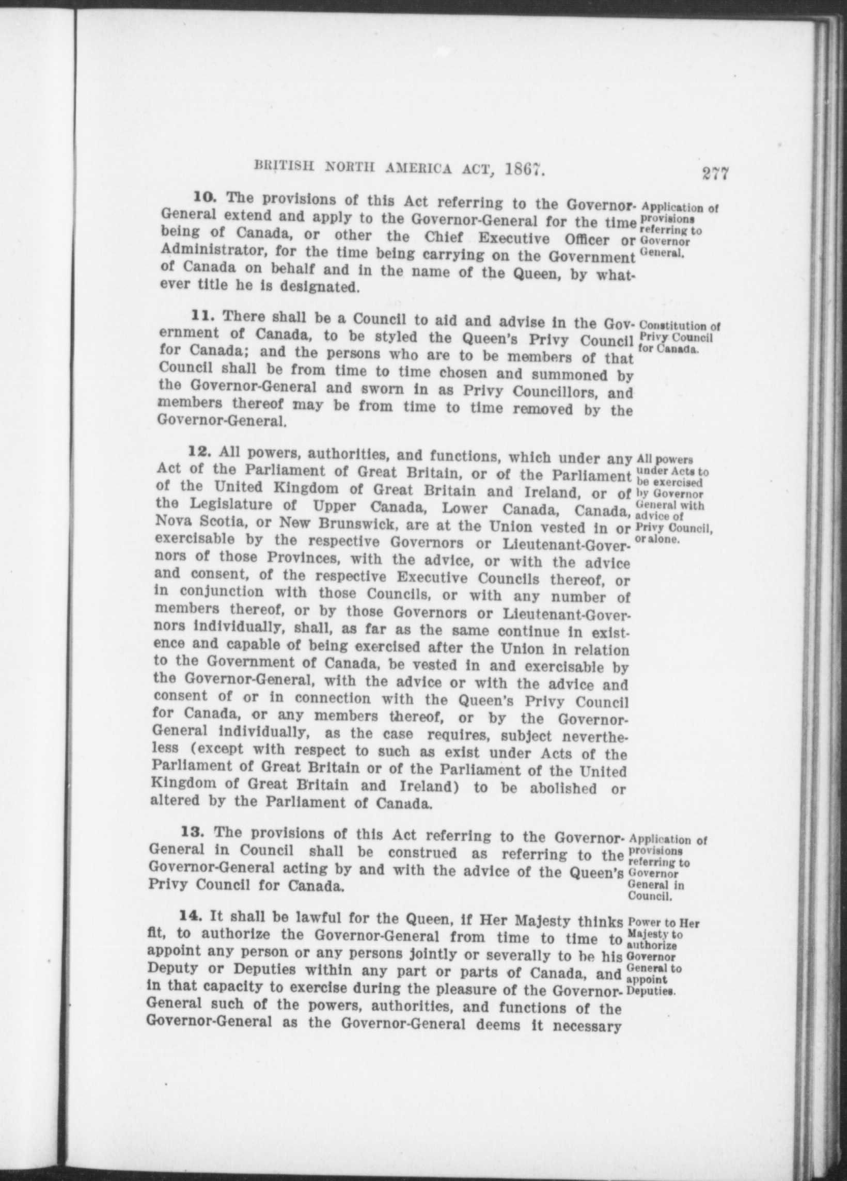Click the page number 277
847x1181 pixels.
714,173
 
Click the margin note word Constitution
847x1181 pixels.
673,327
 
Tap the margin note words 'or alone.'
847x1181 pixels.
657,540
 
